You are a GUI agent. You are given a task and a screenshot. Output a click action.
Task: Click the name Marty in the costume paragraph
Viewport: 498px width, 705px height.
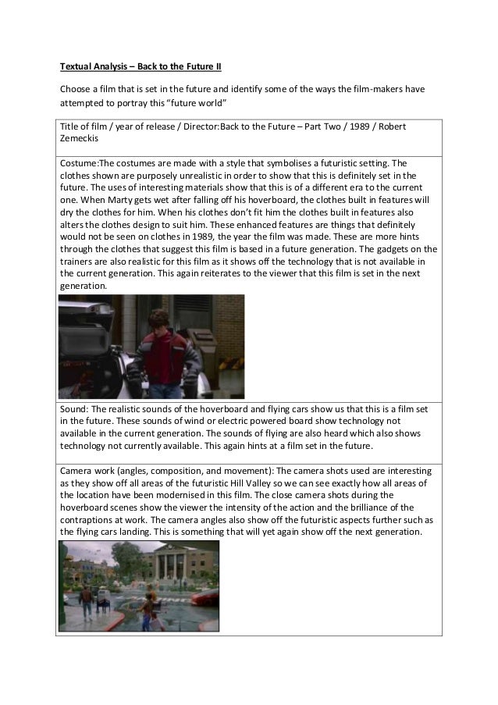click(130, 201)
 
